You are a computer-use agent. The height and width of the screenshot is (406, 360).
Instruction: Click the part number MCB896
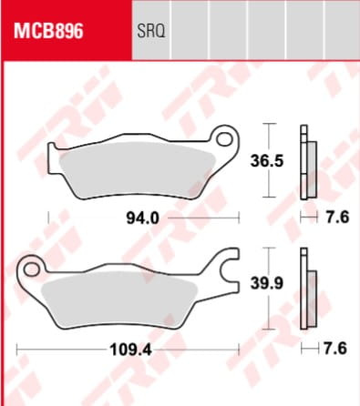click(48, 31)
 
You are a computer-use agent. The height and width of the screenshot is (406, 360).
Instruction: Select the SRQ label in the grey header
click(150, 31)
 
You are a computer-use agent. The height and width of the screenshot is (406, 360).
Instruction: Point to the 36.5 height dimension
click(267, 160)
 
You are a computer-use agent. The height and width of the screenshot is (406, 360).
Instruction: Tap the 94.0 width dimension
click(142, 218)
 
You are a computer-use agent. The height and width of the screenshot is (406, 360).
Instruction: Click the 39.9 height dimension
click(267, 283)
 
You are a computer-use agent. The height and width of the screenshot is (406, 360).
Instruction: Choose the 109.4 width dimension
click(130, 350)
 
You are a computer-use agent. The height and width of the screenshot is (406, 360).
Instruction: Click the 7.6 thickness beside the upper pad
click(337, 218)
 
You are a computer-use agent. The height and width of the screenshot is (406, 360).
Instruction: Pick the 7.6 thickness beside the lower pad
click(335, 349)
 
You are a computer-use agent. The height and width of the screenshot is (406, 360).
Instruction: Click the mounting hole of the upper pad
click(224, 138)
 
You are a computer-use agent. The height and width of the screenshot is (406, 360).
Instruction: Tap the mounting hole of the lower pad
click(31, 269)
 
